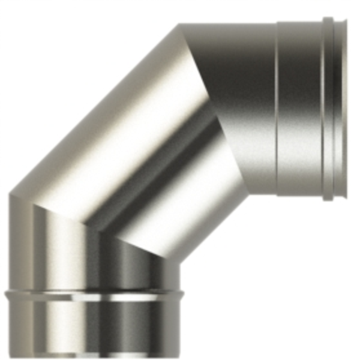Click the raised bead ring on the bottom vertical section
tap(90, 295)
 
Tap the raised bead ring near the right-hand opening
tap(327, 108)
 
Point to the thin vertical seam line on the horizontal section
tap(277, 108)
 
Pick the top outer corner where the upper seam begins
tap(180, 25)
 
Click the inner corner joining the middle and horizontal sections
tap(248, 193)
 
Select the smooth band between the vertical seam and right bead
tap(300, 108)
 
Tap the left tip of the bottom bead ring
tap(5, 295)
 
